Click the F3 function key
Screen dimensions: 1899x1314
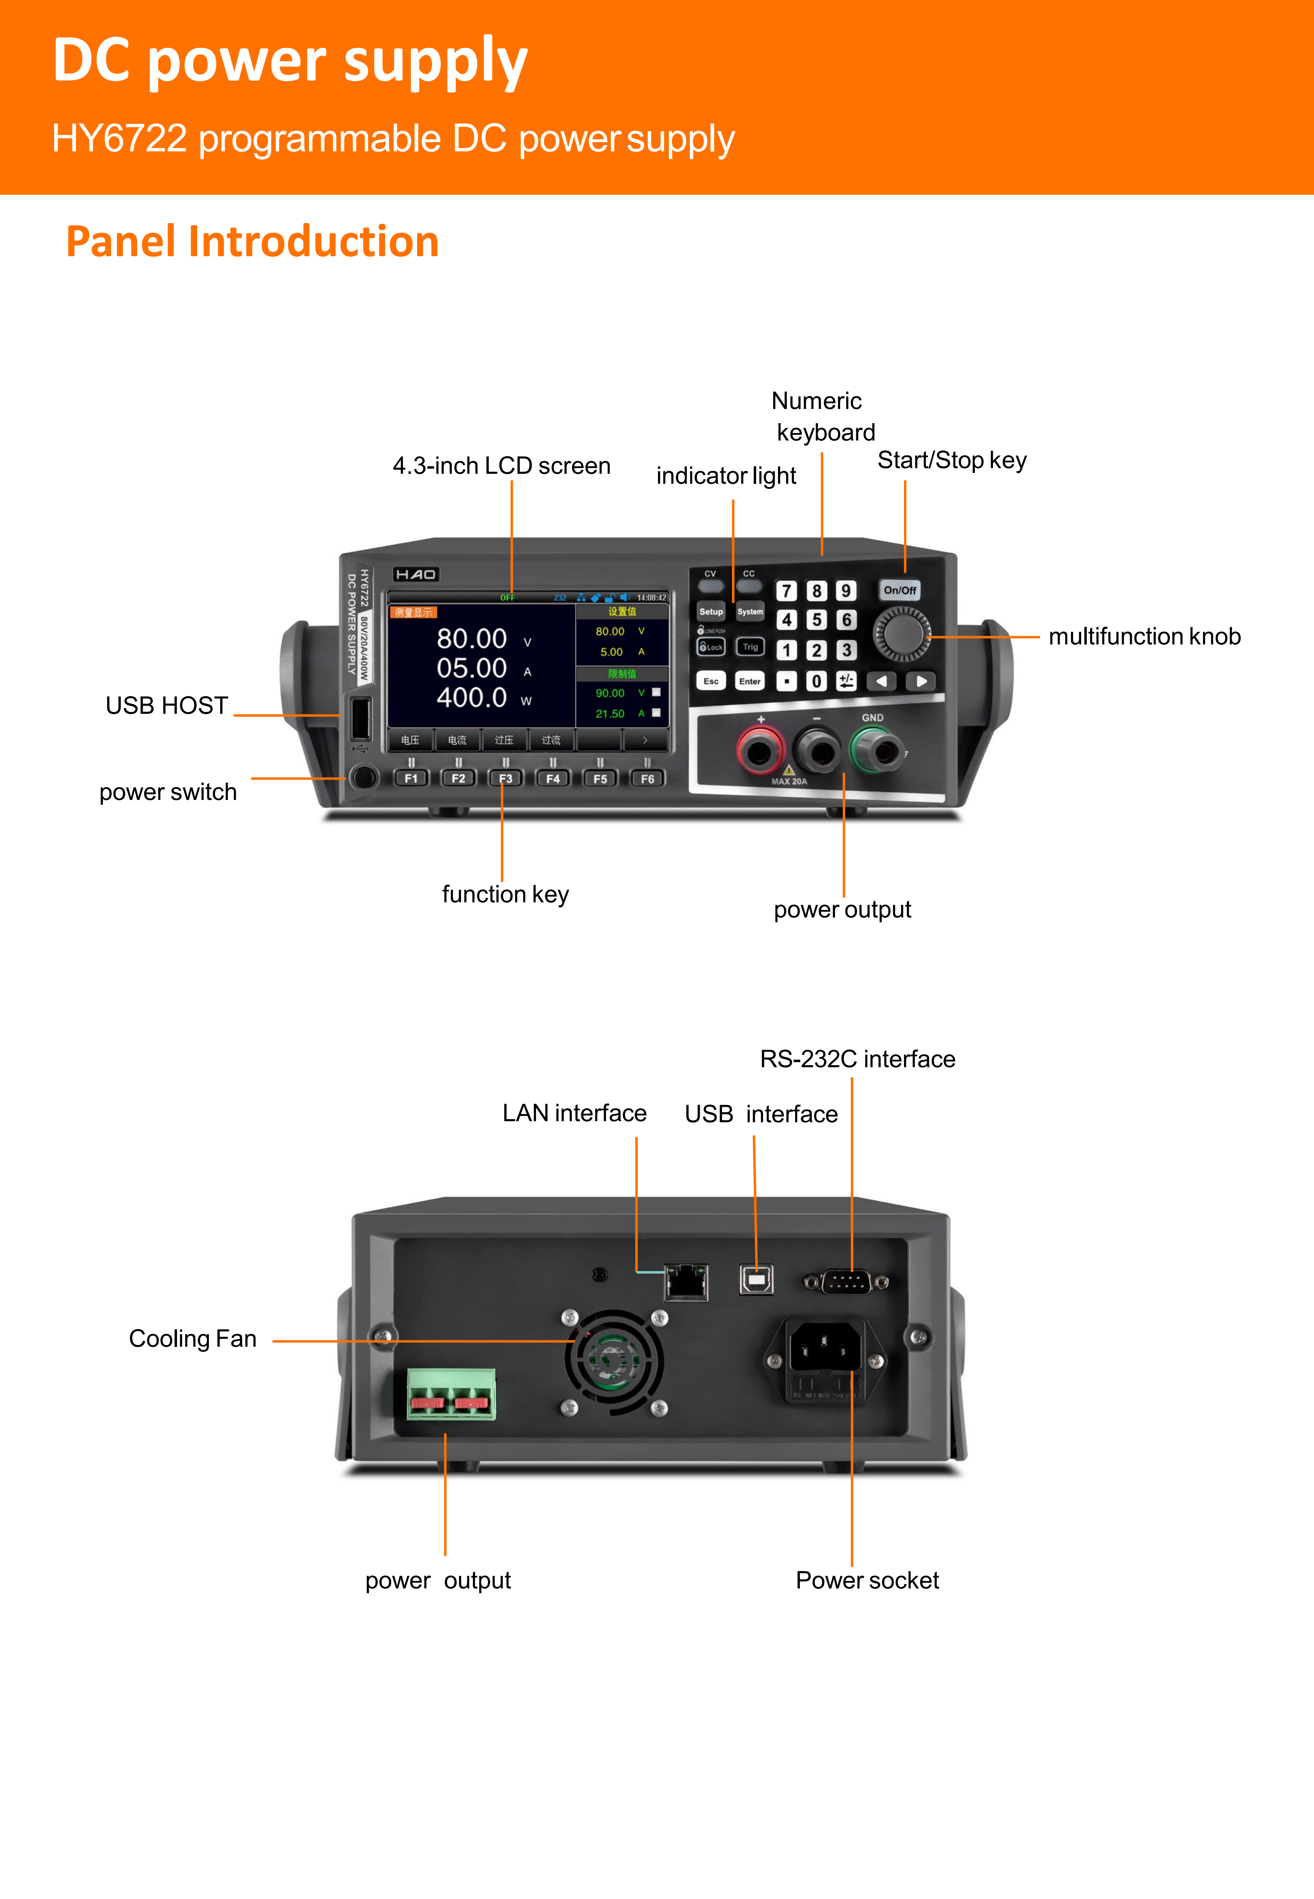pos(506,778)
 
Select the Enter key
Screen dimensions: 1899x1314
pos(749,681)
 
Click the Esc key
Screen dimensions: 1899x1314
pos(711,681)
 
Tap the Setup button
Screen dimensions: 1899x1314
pos(711,612)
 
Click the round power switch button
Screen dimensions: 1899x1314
pos(362,777)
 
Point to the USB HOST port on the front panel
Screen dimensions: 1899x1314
pos(360,717)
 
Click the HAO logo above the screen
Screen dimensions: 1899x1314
pos(415,574)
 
